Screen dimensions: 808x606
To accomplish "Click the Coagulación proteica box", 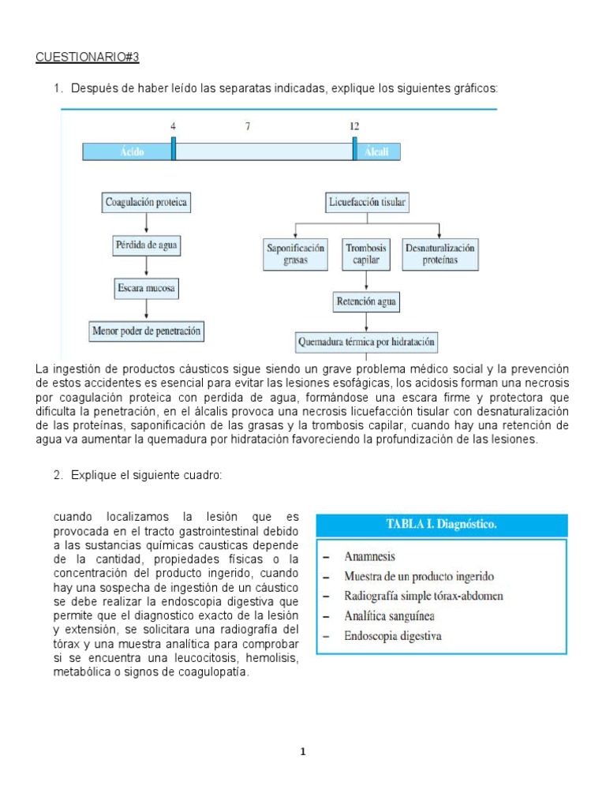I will coord(147,202).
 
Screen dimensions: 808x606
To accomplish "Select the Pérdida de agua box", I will coord(147,245).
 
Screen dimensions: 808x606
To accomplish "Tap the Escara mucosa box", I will coord(147,288).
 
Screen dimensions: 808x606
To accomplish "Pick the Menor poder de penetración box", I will coord(147,331).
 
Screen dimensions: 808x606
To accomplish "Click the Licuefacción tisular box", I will coord(367,203).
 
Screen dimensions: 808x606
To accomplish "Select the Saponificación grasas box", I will coord(296,253).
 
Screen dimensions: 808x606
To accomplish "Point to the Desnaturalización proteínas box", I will coord(440,253).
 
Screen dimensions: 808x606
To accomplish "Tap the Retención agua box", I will coord(367,301).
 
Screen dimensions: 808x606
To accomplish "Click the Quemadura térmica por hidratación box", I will coord(367,342).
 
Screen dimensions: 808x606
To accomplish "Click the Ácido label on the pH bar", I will coord(132,152).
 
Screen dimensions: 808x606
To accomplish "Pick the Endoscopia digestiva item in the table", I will coord(393,635).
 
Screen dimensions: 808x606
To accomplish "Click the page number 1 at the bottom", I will coord(302,752).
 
